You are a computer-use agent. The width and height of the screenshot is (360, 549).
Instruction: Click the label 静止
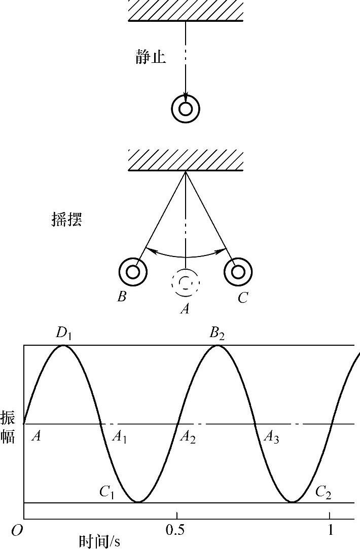pos(151,57)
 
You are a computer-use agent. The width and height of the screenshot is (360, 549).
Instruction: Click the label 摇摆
pos(67,221)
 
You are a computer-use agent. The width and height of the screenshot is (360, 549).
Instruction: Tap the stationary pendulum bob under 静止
pos(186,108)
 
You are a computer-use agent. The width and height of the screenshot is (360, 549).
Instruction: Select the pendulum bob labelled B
pos(133,272)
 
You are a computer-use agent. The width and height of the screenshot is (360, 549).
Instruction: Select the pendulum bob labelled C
pos(238,272)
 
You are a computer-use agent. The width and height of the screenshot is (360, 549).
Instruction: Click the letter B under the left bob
pos(122,297)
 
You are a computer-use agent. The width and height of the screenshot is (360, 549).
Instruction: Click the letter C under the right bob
pos(243,298)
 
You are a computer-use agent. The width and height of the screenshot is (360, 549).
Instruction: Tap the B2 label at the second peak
pos(218,334)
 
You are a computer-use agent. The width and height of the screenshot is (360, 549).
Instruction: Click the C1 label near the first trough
pos(106,492)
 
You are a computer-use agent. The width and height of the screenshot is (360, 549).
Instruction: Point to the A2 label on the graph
pos(187,437)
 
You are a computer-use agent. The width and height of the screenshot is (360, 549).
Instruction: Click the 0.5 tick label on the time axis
pos(175,530)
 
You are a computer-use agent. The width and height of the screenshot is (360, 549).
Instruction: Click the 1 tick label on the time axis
pos(331,530)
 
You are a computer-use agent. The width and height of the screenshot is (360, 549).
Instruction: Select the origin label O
pos(17,531)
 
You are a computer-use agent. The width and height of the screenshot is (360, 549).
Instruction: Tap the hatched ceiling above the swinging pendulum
pos(186,160)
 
